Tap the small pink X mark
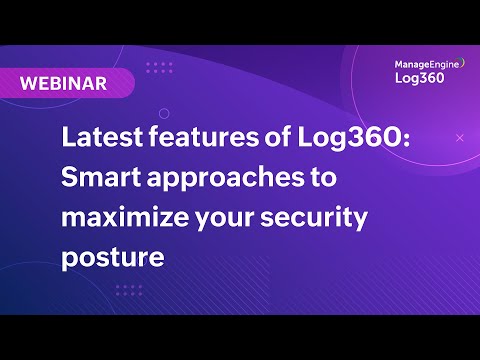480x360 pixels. [460, 136]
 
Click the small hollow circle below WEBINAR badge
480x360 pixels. [164, 113]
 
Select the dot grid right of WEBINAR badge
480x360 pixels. [159, 67]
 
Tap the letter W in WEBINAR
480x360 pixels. [28, 83]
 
